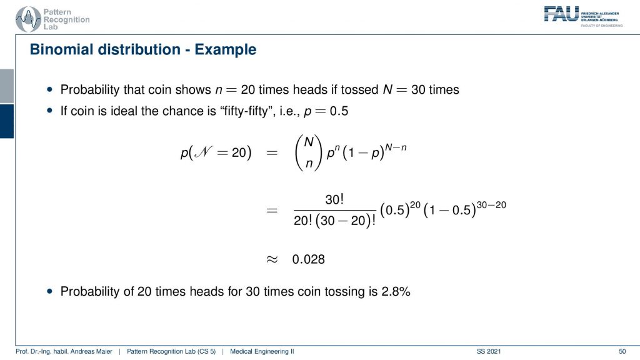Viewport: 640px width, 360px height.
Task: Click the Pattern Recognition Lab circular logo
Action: point(27,19)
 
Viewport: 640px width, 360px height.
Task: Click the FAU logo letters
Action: point(561,14)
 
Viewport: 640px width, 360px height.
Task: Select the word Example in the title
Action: point(225,50)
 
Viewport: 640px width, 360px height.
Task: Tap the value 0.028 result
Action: point(308,259)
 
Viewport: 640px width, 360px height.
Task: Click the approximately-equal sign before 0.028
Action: point(272,259)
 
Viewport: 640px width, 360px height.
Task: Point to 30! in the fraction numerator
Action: point(334,199)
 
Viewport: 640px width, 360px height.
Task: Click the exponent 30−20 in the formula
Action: point(491,204)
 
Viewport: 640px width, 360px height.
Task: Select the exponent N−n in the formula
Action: point(396,147)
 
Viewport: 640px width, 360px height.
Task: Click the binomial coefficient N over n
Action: point(309,152)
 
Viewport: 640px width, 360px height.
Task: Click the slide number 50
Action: point(622,351)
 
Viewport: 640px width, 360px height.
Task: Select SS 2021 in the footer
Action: point(489,351)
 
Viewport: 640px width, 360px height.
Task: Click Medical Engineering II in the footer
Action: point(262,351)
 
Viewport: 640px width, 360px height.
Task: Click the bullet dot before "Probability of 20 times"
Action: point(50,291)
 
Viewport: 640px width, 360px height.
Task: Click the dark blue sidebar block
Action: point(7,121)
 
